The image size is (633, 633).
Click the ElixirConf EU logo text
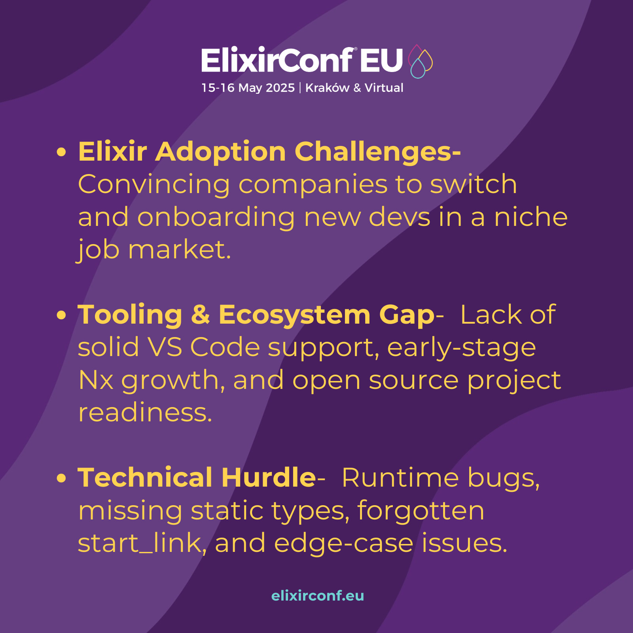(x=302, y=60)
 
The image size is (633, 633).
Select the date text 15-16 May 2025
(x=248, y=88)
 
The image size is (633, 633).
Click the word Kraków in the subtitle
(x=327, y=87)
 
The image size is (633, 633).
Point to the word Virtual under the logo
(x=384, y=87)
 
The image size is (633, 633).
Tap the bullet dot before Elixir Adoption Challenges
(x=61, y=152)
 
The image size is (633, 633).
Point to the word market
(x=180, y=250)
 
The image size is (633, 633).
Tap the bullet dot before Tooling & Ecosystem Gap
(x=61, y=315)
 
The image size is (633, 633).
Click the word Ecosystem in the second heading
(x=295, y=315)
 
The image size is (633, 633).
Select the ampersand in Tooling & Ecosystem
(x=200, y=315)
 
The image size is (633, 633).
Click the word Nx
(x=96, y=380)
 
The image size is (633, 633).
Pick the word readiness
(x=145, y=412)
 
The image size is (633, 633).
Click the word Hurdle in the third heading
(x=269, y=477)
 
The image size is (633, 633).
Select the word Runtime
(x=400, y=478)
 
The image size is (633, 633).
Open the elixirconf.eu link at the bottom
(x=318, y=595)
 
